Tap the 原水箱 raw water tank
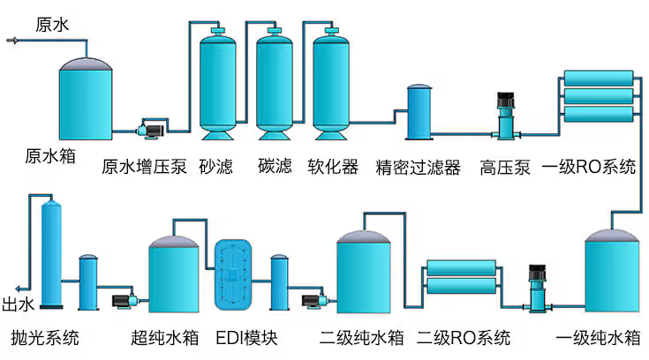pyautogui.click(x=87, y=98)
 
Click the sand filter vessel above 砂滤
pyautogui.click(x=217, y=84)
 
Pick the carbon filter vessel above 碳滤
pyautogui.click(x=275, y=84)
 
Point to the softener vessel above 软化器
pyautogui.click(x=332, y=84)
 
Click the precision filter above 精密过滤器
pyautogui.click(x=419, y=112)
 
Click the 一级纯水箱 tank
pyautogui.click(x=610, y=274)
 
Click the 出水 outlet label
pyautogui.click(x=18, y=305)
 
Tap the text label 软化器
pyautogui.click(x=332, y=167)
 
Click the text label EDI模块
pyautogui.click(x=246, y=337)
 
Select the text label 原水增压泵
pyautogui.click(x=145, y=167)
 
